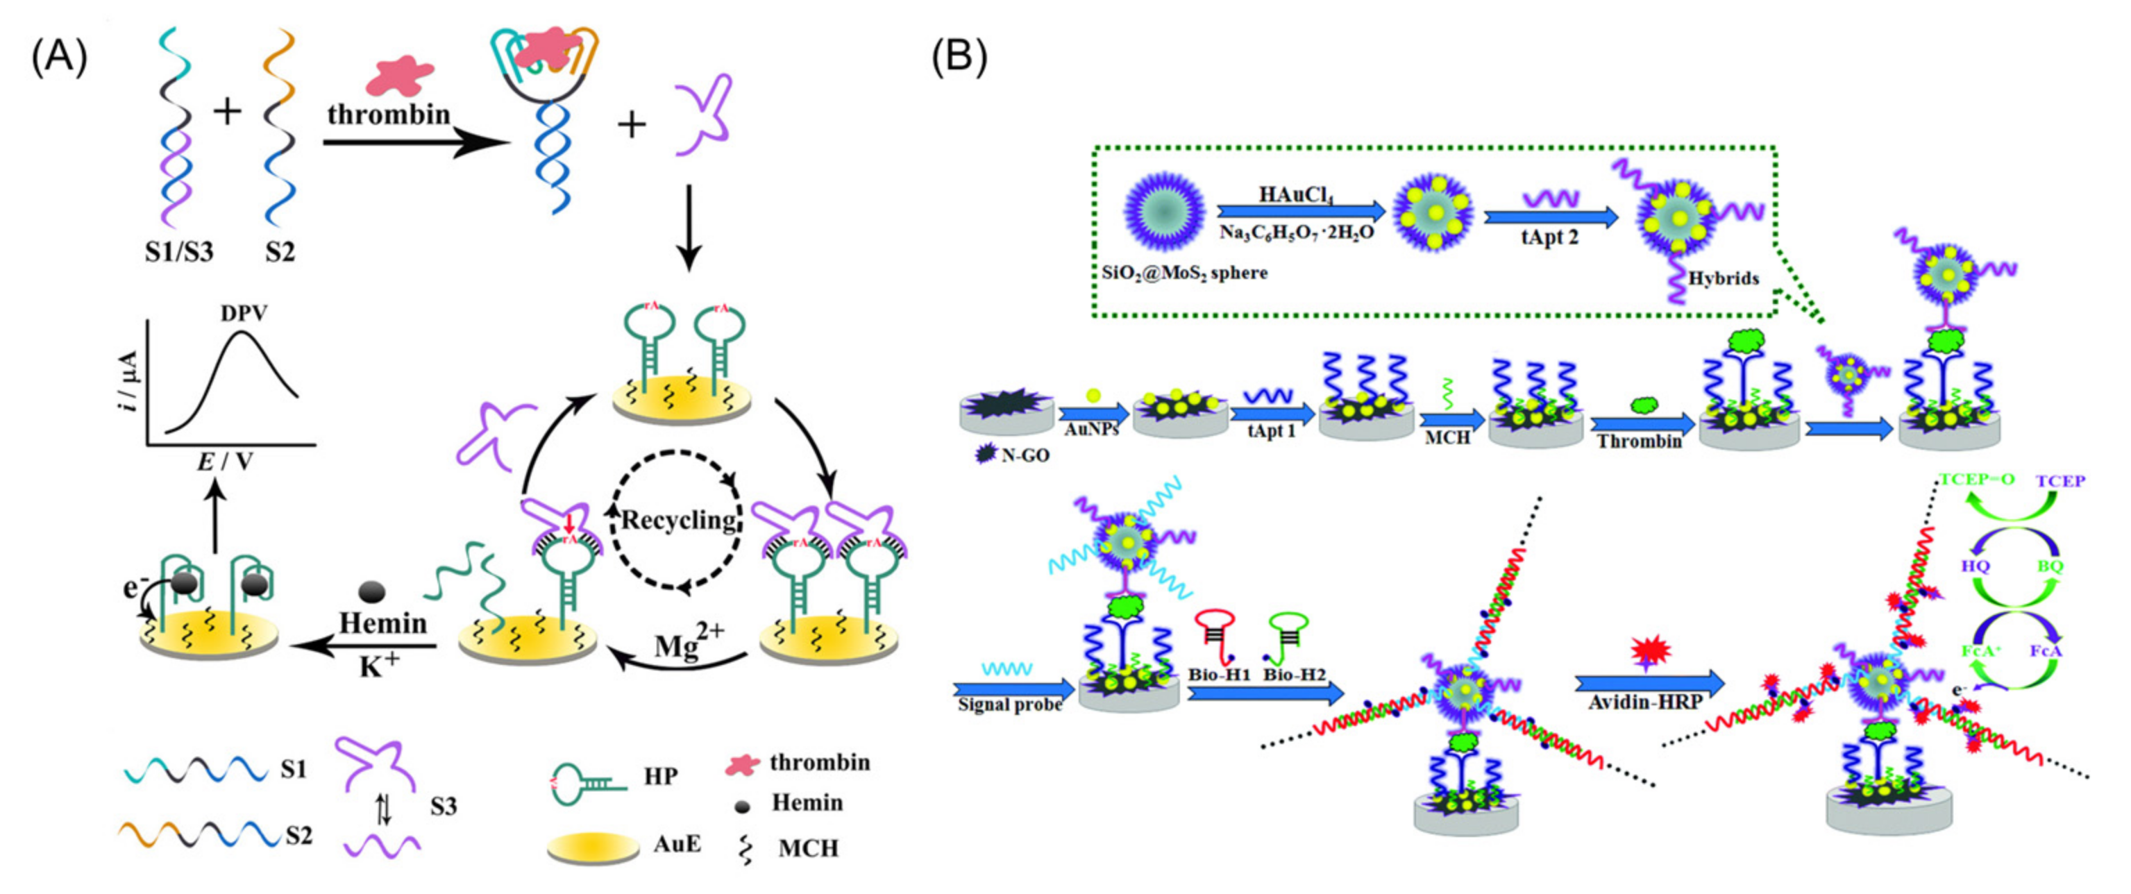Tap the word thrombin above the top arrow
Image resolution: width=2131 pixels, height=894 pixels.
(x=388, y=113)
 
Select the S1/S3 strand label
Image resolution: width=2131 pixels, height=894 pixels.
(x=178, y=251)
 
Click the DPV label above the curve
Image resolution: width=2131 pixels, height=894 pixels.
(x=244, y=314)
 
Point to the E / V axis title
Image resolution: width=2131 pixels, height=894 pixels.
(x=224, y=462)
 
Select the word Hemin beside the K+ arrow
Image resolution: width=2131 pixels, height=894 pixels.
(x=383, y=623)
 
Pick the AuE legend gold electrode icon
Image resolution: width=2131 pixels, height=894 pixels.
(x=592, y=847)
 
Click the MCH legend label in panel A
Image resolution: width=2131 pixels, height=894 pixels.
(x=807, y=848)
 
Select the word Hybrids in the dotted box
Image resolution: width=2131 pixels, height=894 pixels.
(x=1723, y=278)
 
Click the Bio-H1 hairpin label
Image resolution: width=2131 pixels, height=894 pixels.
(x=1218, y=674)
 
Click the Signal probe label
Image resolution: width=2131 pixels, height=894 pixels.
(x=1009, y=705)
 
